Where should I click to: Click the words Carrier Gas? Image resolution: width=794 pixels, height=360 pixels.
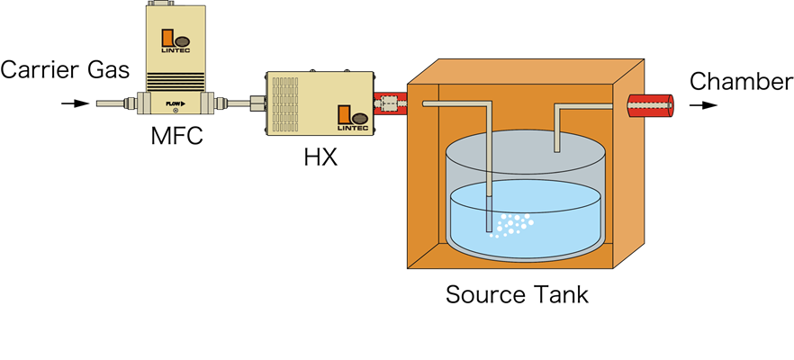pos(65,70)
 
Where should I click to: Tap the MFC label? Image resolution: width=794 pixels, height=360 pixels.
pos(176,136)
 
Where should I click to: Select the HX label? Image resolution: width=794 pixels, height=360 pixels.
pos(320,157)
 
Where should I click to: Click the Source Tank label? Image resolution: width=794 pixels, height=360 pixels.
pos(517,294)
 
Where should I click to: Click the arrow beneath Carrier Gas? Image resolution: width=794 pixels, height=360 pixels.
pos(76,103)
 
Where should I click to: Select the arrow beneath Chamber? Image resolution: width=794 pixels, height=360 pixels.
pos(703,105)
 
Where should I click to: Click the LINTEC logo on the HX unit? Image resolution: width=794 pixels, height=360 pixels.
pos(353,118)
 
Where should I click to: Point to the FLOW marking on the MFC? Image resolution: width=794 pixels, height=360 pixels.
pos(176,103)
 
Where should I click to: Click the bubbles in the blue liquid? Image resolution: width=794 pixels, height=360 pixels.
pos(512,224)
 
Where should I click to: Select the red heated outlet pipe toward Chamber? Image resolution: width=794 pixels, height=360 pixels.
pos(651,105)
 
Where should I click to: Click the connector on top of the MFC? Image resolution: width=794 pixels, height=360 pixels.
pos(160,3)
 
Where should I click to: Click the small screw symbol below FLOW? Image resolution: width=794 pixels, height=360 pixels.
pos(176,111)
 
